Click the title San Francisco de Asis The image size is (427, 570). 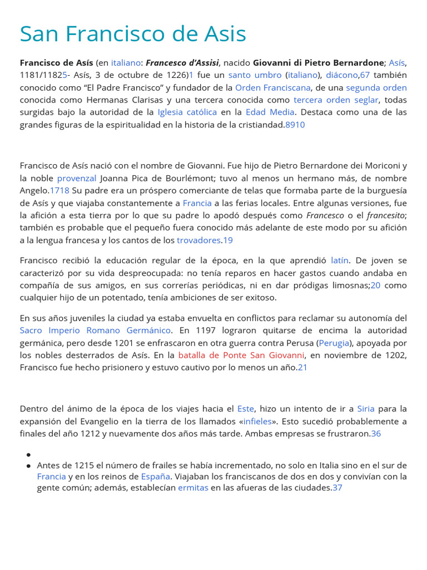(x=133, y=34)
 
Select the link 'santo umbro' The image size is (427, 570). (x=254, y=75)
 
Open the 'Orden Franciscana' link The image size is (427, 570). (x=273, y=87)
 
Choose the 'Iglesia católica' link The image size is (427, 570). (x=187, y=112)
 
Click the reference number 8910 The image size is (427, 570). (x=295, y=125)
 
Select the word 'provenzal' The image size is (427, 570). (x=77, y=178)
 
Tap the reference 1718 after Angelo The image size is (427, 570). (x=59, y=190)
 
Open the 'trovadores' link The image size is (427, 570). (x=198, y=240)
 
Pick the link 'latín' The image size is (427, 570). (x=340, y=260)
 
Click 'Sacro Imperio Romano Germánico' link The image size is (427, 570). (x=96, y=330)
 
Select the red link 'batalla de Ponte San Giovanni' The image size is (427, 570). (x=241, y=355)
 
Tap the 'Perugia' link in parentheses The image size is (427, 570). (x=335, y=342)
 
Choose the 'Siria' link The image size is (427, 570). (x=366, y=409)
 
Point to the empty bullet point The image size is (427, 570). (x=28, y=454)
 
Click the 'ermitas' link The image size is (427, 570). (x=193, y=487)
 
